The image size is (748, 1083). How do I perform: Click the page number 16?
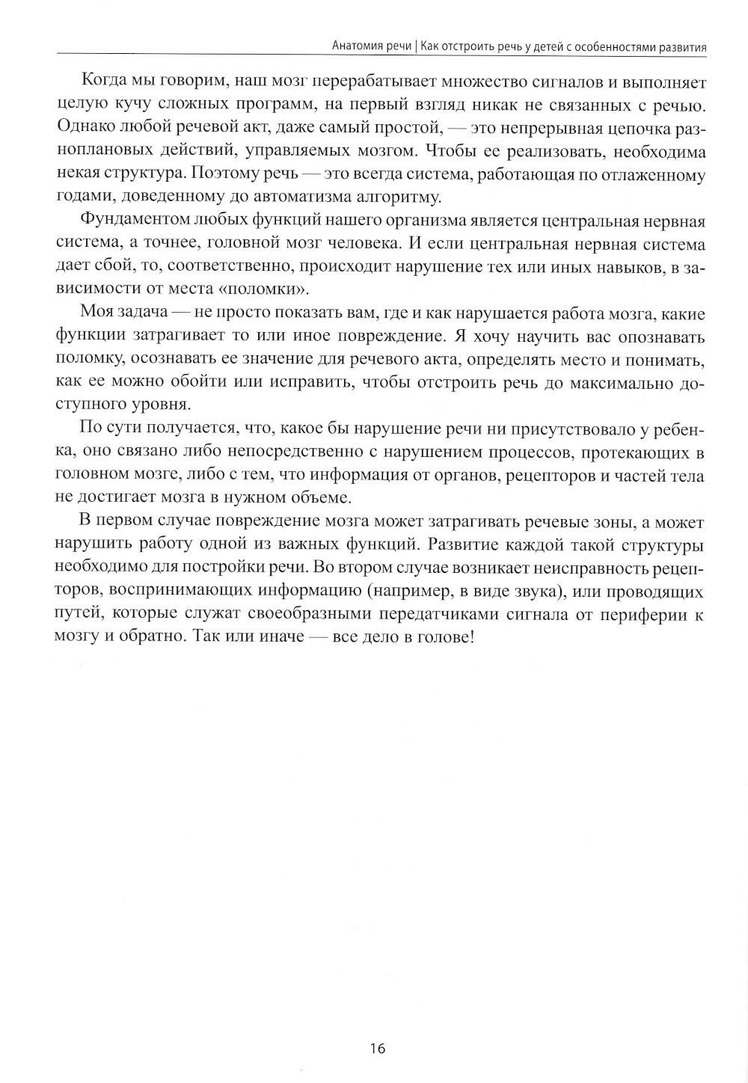[x=377, y=1049]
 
